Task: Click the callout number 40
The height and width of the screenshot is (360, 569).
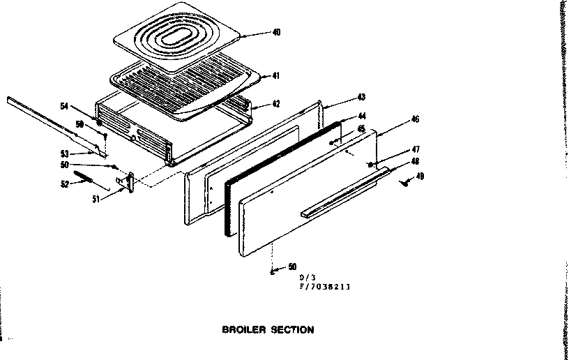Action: tap(277, 32)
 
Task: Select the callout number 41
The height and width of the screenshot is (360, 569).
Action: tap(277, 75)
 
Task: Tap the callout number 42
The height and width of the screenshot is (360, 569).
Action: tap(276, 104)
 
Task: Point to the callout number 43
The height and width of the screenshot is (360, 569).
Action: tap(361, 96)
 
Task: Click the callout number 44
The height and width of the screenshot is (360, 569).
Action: tap(362, 115)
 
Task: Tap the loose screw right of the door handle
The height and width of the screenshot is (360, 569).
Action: tap(404, 182)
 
